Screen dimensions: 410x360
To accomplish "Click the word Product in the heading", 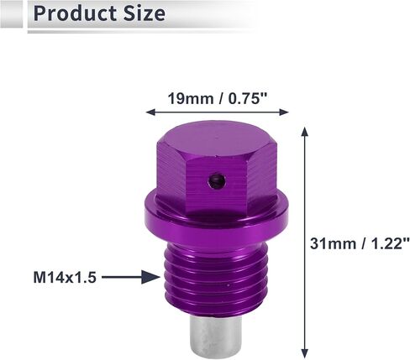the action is tap(75, 13).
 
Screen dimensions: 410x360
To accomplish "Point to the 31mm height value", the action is tap(333, 243).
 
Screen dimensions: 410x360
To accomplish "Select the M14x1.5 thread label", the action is tap(65, 278).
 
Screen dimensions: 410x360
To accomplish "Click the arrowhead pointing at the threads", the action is tap(150, 277).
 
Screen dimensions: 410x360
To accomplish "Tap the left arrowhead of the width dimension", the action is tap(150, 112).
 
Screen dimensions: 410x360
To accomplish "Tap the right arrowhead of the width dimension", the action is tap(284, 112).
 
